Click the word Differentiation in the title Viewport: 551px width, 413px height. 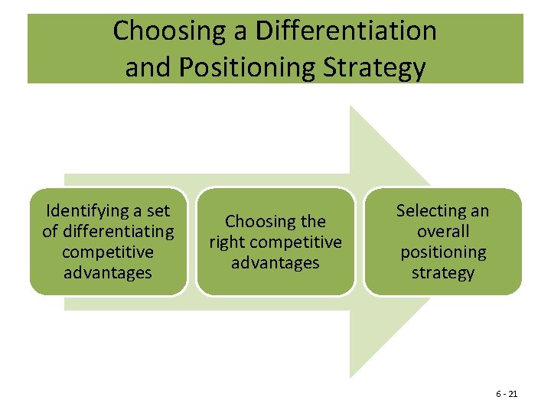tap(347, 31)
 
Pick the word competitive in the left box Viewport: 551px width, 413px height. tap(108, 252)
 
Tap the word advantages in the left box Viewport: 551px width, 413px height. tap(108, 272)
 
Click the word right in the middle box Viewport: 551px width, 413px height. tap(228, 242)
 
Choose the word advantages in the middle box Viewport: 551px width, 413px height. tap(275, 262)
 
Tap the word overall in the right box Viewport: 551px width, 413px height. tap(443, 231)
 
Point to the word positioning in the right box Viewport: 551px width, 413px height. tap(443, 252)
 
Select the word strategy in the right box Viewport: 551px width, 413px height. tap(443, 272)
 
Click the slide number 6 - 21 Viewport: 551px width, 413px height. tap(507, 394)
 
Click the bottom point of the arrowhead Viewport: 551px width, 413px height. tap(351, 376)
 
